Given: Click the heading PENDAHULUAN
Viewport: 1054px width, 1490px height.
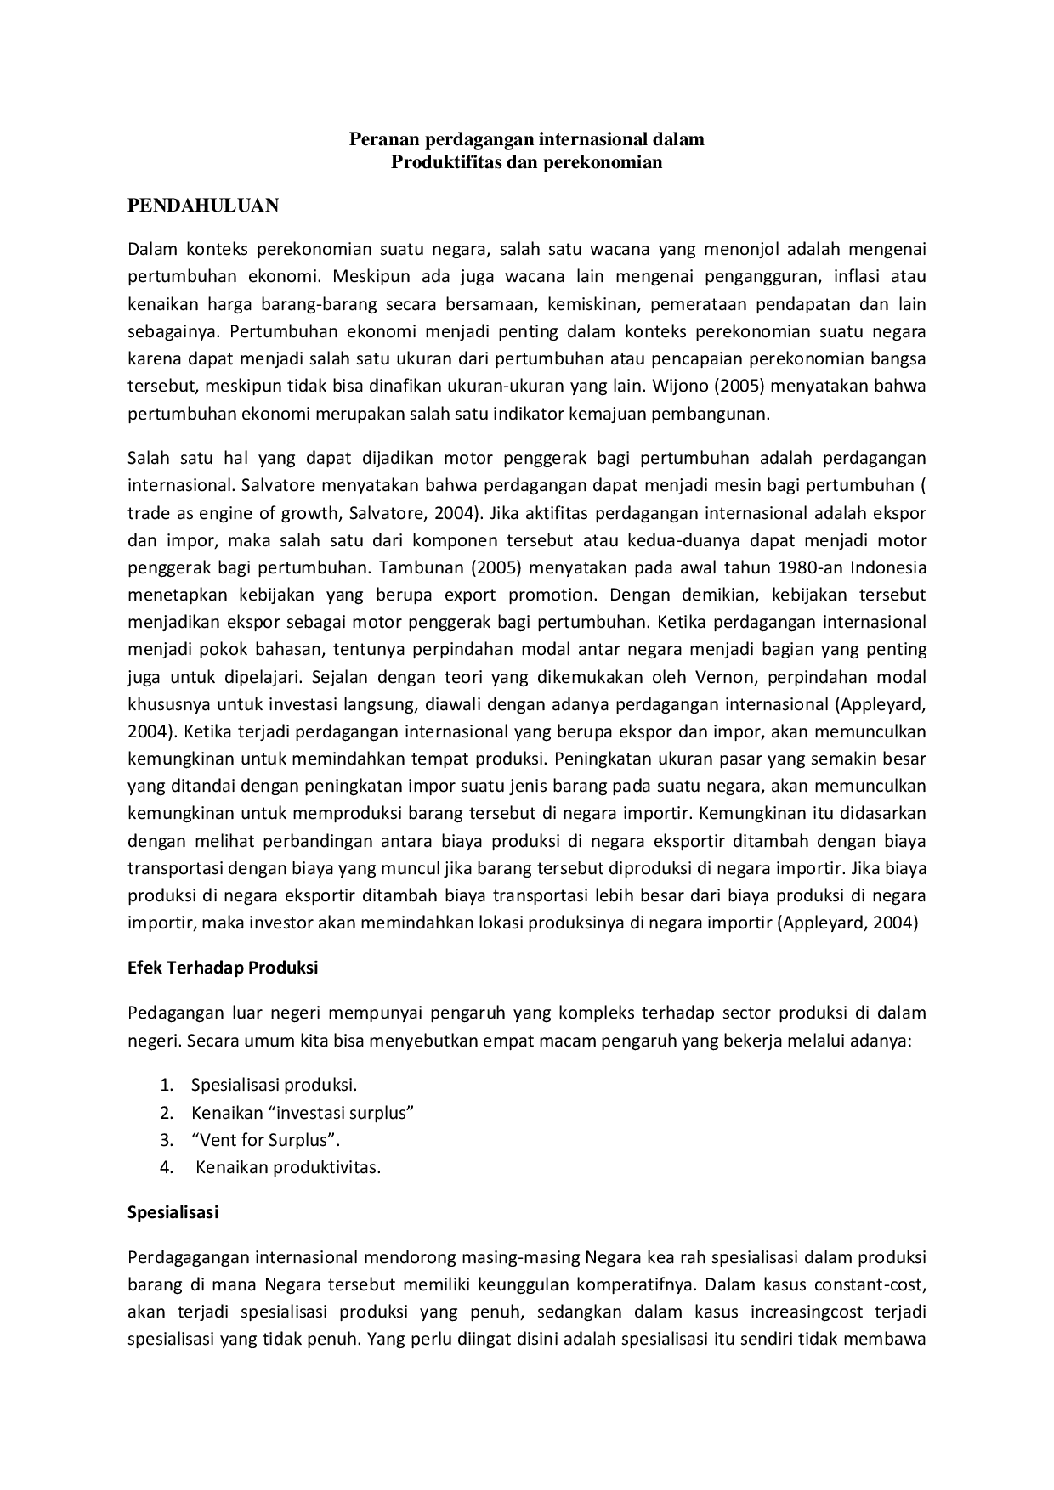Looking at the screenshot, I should (203, 205).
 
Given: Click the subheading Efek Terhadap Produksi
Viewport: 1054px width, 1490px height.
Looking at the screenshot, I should (223, 968).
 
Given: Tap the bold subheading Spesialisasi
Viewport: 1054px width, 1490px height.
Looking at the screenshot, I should (173, 1212).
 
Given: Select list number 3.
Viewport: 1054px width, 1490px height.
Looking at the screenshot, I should (167, 1140).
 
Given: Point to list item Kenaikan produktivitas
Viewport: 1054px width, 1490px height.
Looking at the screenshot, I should (288, 1167).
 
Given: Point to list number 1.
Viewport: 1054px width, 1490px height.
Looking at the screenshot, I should (167, 1086).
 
